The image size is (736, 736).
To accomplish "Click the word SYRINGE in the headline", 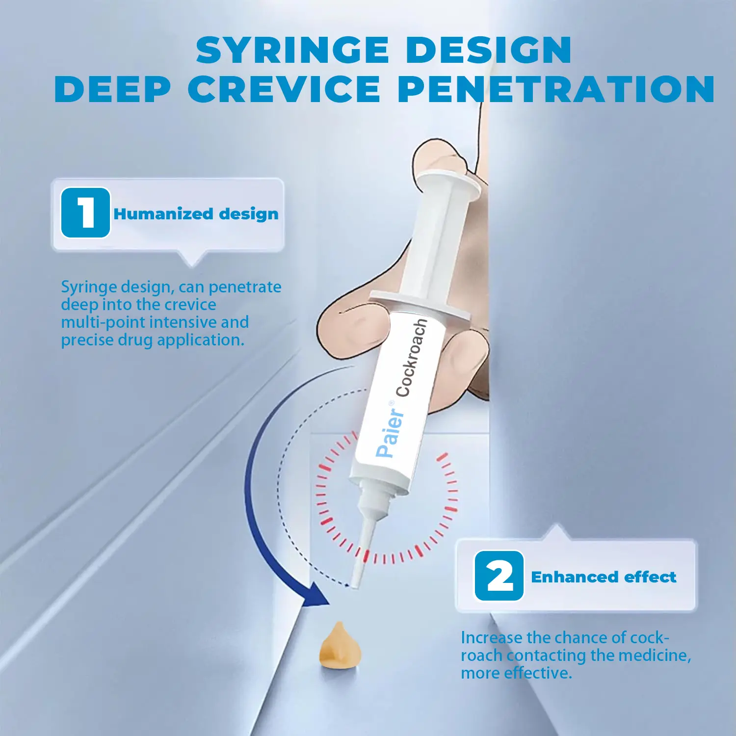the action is click(x=292, y=50).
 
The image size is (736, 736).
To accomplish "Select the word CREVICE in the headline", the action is click(x=284, y=89).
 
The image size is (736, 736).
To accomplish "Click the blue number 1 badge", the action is click(x=85, y=213).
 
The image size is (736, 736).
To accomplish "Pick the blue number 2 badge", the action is click(x=499, y=576).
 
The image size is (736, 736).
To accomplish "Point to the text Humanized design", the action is click(x=196, y=214).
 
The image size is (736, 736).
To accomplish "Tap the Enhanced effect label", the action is click(x=604, y=577).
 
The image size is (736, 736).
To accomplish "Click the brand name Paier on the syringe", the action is click(x=390, y=430).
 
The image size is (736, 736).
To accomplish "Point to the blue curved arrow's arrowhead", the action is click(x=314, y=596).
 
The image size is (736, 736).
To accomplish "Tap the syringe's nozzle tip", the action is click(x=357, y=584).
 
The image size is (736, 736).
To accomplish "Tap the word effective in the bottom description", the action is click(x=538, y=673).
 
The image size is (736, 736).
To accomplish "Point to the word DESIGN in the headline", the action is click(x=489, y=50).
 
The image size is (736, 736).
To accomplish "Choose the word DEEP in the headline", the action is click(x=112, y=89).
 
